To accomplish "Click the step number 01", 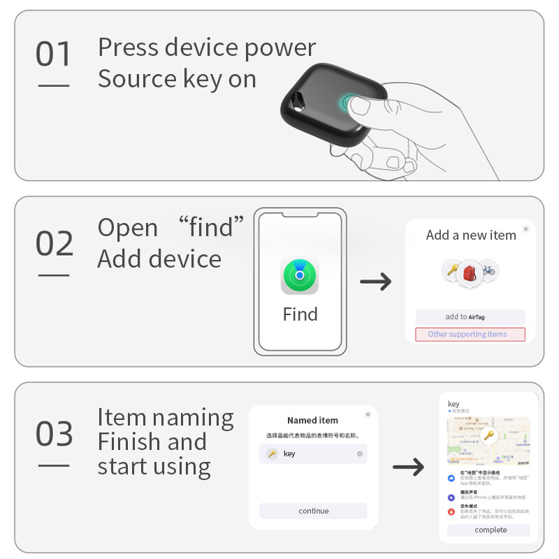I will pyautogui.click(x=54, y=55).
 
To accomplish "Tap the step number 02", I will pyautogui.click(x=54, y=244).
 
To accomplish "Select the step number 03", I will pyautogui.click(x=54, y=434).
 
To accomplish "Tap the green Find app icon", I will pyautogui.click(x=300, y=275).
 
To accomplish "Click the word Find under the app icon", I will pyautogui.click(x=300, y=314).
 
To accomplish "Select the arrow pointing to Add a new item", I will pyautogui.click(x=375, y=282).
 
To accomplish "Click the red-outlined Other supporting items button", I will pyautogui.click(x=470, y=334).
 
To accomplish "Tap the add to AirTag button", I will pyautogui.click(x=470, y=317).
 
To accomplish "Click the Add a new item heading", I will pyautogui.click(x=471, y=235).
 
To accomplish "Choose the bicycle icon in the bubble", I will pyautogui.click(x=488, y=270).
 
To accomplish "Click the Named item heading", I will pyautogui.click(x=312, y=421).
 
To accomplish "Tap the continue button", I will pyautogui.click(x=313, y=511).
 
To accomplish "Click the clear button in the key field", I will pyautogui.click(x=360, y=454).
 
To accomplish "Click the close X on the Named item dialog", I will pyautogui.click(x=368, y=414).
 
